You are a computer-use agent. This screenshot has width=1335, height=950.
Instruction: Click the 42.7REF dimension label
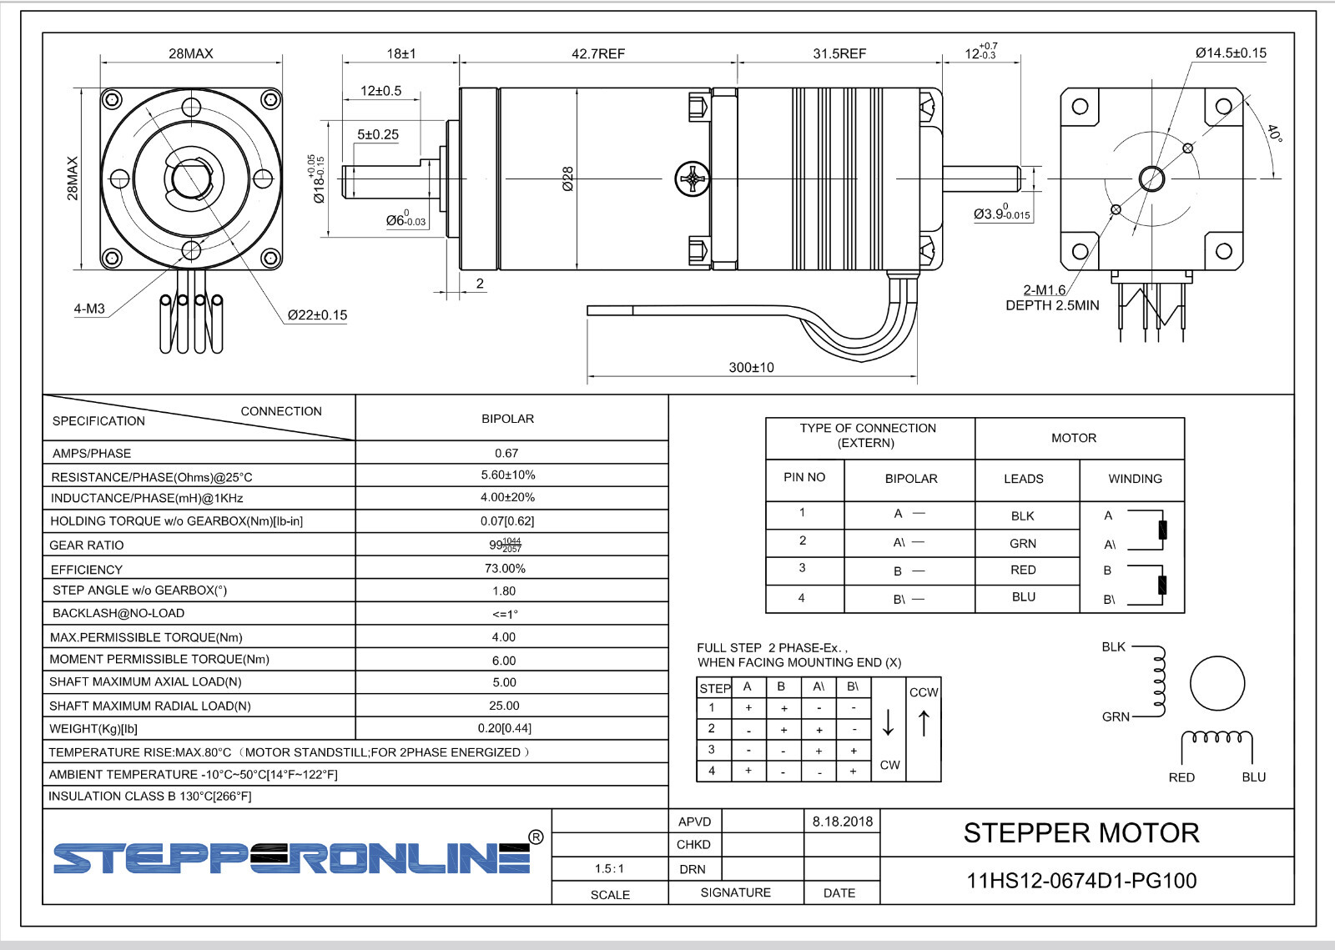coord(597,53)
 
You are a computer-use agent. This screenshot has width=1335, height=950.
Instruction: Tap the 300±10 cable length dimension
coord(751,367)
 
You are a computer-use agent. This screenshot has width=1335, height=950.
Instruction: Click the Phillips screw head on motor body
coord(692,178)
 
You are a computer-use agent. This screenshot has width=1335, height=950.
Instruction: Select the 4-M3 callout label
coord(89,309)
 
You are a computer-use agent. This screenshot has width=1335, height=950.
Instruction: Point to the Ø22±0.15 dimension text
coord(317,315)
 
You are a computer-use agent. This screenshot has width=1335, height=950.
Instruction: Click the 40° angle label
coord(1273,133)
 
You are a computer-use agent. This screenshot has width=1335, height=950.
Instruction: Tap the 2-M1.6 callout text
coord(1044,290)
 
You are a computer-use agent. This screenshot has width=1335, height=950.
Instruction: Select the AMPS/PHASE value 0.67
coord(506,453)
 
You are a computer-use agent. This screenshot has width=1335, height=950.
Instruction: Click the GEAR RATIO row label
coord(87,545)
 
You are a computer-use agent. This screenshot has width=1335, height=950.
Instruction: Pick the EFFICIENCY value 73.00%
coord(505,568)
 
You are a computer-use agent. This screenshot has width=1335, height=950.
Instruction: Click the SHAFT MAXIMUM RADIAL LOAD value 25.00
coord(504,706)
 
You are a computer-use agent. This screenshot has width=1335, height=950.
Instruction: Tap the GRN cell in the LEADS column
coord(1023,543)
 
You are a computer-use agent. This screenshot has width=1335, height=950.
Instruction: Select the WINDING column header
coord(1135,479)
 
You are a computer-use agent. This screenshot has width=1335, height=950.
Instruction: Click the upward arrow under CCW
coord(924,722)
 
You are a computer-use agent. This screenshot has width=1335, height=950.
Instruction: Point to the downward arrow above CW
coord(889,722)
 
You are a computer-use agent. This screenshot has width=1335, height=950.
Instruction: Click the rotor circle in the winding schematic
coord(1217,683)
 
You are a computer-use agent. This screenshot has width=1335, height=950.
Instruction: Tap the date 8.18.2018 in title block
coord(842,822)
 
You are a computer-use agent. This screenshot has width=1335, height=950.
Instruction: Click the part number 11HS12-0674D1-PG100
coord(1081,881)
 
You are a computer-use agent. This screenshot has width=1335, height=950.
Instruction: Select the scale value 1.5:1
coord(610,868)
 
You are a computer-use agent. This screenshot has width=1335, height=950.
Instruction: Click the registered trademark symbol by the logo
coord(536,837)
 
